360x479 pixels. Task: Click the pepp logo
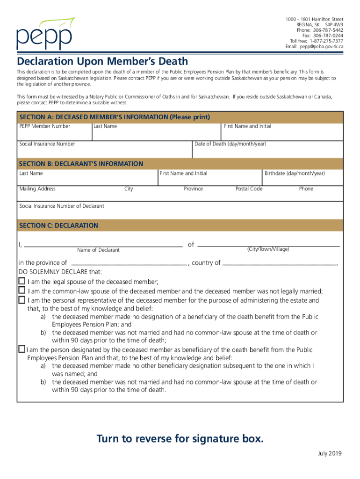click(45, 34)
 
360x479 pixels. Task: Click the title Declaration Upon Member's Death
click(102, 61)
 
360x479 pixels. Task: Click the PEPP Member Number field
click(54, 131)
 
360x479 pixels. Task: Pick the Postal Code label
click(249, 189)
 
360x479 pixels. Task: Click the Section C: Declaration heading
click(59, 225)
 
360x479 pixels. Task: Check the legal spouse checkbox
click(22, 281)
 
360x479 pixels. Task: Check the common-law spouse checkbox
click(22, 290)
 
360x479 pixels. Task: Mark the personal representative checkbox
click(22, 300)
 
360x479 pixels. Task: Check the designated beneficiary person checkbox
click(22, 349)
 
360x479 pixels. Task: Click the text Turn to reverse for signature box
click(180, 439)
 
